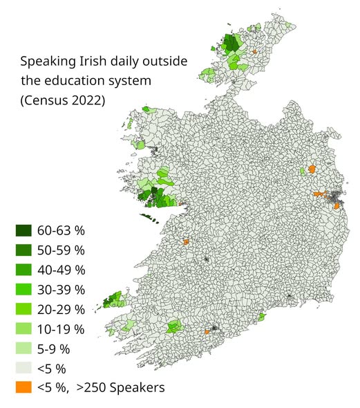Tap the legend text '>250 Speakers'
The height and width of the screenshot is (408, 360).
point(129,388)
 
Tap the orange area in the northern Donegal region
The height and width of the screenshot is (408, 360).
point(255,51)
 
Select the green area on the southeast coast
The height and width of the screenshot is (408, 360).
point(263,316)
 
